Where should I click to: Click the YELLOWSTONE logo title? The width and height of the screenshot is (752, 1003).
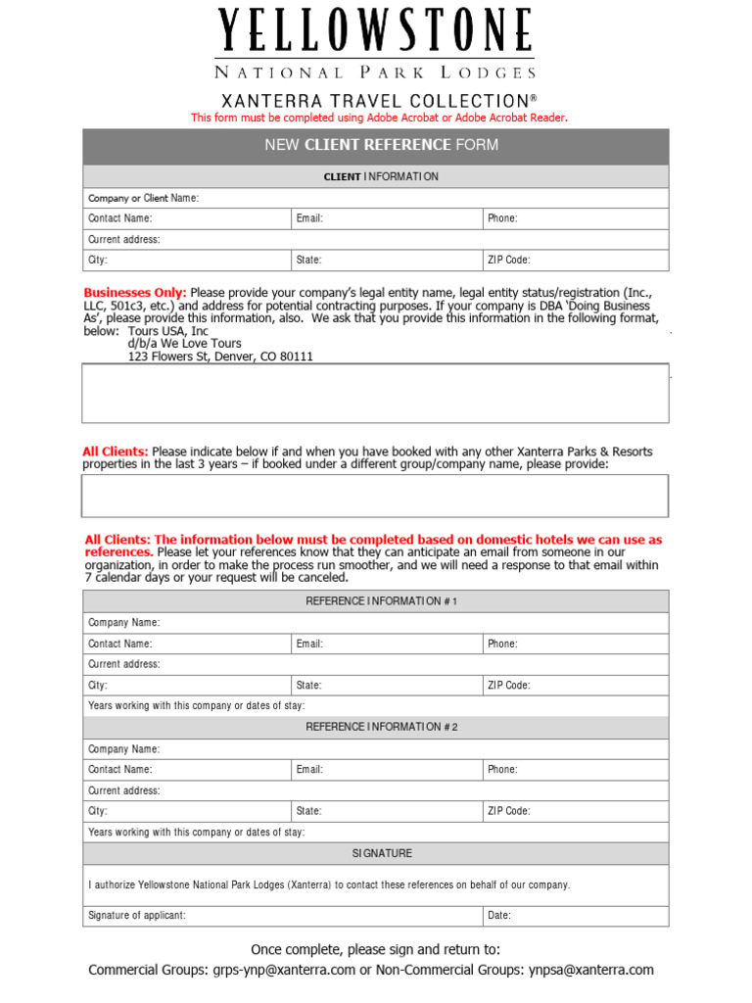click(376, 31)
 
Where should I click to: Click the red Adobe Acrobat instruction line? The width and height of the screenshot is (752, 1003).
click(379, 118)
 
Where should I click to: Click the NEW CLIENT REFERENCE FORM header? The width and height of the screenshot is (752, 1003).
click(376, 146)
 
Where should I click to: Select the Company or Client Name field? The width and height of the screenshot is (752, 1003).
click(376, 198)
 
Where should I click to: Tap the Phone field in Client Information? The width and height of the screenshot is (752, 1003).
click(575, 218)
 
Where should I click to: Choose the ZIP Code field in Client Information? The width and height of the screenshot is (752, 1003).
click(575, 260)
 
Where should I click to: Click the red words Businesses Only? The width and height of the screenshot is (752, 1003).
click(135, 293)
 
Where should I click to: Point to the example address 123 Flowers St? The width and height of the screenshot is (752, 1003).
click(220, 357)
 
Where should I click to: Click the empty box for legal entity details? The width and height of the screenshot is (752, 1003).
click(376, 394)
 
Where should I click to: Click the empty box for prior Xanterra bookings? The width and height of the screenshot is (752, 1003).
click(376, 496)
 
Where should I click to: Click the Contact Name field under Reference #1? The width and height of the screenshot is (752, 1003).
click(187, 644)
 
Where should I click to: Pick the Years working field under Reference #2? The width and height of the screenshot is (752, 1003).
click(376, 832)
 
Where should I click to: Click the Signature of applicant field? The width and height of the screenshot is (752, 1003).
click(282, 916)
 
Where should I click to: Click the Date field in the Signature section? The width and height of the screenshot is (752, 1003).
click(575, 916)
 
